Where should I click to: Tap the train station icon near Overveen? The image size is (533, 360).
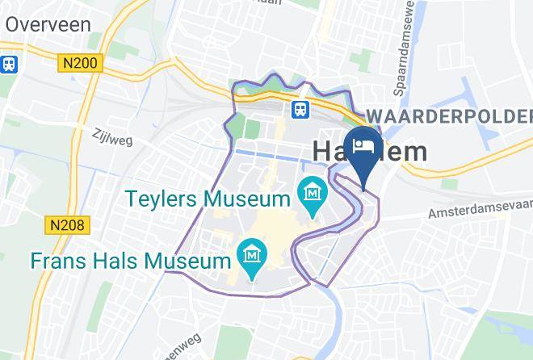tap(9, 64)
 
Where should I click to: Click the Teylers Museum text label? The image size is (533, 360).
tap(208, 199)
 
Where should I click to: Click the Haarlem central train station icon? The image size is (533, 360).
tap(300, 108)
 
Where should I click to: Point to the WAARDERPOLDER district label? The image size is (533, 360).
tap(448, 115)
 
